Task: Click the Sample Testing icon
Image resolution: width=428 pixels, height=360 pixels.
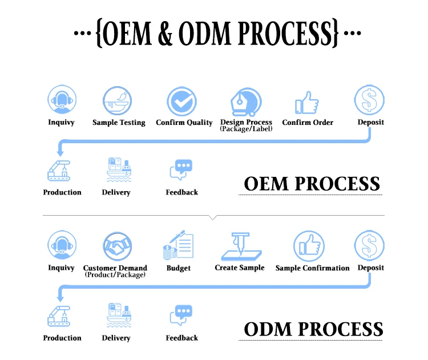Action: pyautogui.click(x=118, y=101)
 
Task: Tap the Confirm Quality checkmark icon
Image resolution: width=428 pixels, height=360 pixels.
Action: pyautogui.click(x=182, y=102)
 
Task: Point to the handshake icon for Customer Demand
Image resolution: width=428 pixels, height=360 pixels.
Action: pyautogui.click(x=118, y=247)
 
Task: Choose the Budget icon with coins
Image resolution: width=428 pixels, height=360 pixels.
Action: pyautogui.click(x=178, y=246)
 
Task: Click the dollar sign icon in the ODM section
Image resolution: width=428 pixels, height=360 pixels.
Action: pyautogui.click(x=369, y=246)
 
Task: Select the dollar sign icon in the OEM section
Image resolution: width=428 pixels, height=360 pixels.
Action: pyautogui.click(x=369, y=100)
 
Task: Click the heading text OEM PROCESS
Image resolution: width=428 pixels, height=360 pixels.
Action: pyautogui.click(x=312, y=184)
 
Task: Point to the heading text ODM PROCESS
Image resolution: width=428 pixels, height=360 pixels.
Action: pyautogui.click(x=313, y=329)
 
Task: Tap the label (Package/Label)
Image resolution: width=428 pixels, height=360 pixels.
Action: pyautogui.click(x=246, y=129)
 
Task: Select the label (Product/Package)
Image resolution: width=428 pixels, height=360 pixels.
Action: pyautogui.click(x=115, y=274)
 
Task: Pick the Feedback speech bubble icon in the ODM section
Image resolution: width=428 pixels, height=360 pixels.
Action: pyautogui.click(x=181, y=316)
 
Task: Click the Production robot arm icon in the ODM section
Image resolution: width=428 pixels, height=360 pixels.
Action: pyautogui.click(x=60, y=316)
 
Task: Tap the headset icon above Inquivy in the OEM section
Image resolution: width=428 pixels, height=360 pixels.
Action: pyautogui.click(x=60, y=101)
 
